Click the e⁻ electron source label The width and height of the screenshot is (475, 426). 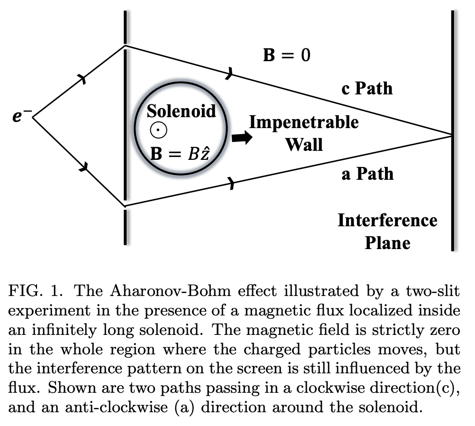coord(20,116)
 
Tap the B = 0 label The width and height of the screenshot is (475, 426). coord(287,55)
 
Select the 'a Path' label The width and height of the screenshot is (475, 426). coord(367,174)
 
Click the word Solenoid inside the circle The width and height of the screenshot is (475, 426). coord(181,111)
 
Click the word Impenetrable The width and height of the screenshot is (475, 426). coord(304,122)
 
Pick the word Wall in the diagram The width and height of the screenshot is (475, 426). coord(304,143)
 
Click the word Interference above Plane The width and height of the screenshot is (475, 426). coord(387,221)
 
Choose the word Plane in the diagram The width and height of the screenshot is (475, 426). coord(387,242)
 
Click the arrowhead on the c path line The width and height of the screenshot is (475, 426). coord(229,73)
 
